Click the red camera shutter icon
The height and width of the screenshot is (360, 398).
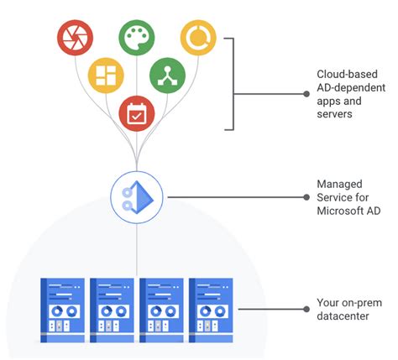click(x=75, y=38)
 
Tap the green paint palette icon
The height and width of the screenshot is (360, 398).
click(x=137, y=38)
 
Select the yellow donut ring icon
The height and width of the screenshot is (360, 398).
click(x=198, y=38)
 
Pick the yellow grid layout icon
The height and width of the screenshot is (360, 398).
click(x=106, y=76)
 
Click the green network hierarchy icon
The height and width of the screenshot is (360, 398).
click(x=167, y=76)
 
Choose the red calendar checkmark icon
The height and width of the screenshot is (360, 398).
click(x=137, y=113)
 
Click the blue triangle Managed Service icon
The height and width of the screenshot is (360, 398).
click(x=137, y=197)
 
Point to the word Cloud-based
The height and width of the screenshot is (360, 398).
click(x=347, y=74)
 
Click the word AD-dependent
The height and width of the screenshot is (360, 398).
click(x=351, y=87)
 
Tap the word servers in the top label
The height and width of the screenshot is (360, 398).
click(x=334, y=114)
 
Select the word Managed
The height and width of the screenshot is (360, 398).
click(x=339, y=185)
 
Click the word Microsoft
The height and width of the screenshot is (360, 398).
click(x=338, y=211)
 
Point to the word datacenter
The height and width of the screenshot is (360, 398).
click(x=343, y=316)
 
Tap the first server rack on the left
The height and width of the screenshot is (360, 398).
click(x=62, y=310)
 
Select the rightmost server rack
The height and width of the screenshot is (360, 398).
click(x=211, y=310)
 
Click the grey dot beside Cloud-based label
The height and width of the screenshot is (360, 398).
click(x=306, y=94)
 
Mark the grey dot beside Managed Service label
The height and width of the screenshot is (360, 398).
click(x=306, y=197)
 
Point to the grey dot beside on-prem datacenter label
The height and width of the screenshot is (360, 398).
click(x=306, y=309)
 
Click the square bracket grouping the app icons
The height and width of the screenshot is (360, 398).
click(x=233, y=84)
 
